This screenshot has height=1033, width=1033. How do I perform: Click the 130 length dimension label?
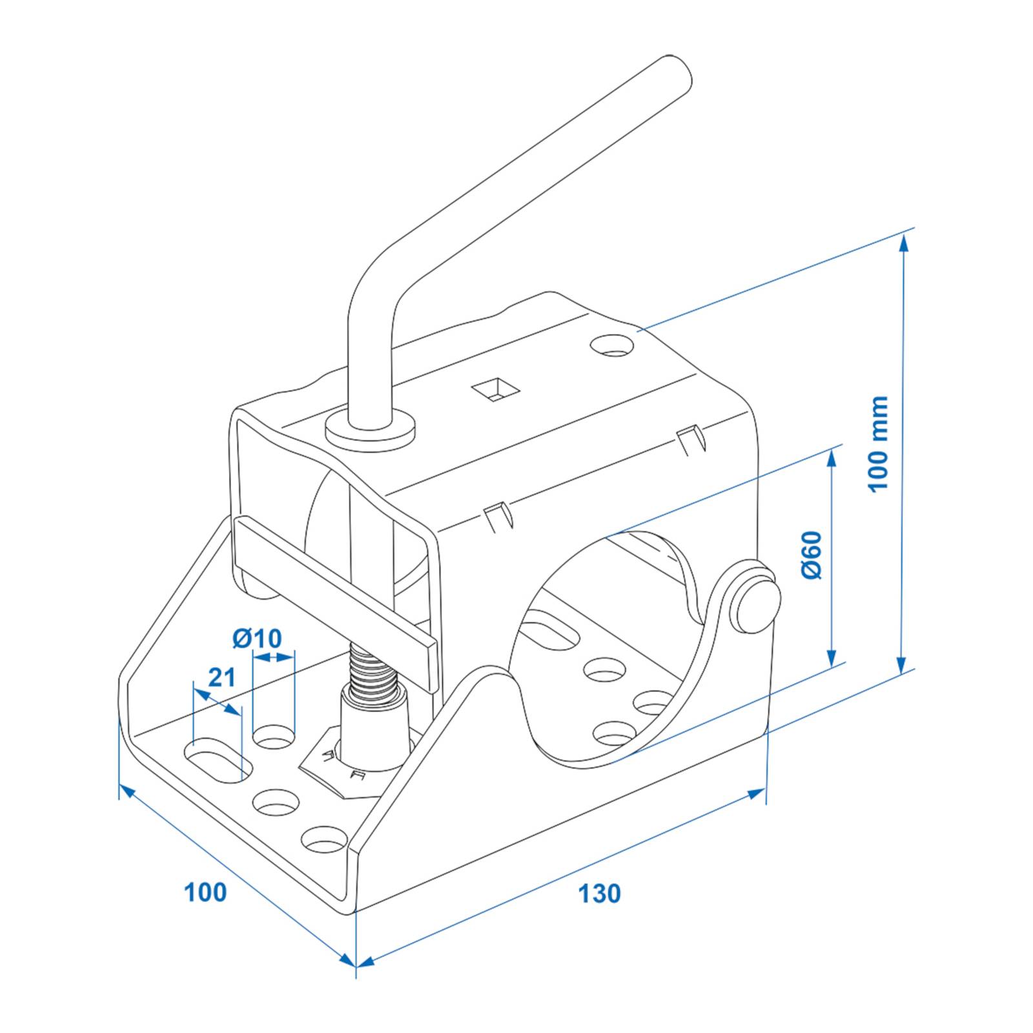pyautogui.click(x=598, y=894)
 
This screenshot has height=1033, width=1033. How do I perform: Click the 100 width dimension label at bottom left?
pyautogui.click(x=205, y=892)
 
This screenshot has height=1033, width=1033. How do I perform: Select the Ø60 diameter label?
pyautogui.click(x=812, y=555)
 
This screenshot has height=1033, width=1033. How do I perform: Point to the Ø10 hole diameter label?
pyautogui.click(x=257, y=639)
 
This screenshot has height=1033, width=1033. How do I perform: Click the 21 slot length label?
pyautogui.click(x=221, y=678)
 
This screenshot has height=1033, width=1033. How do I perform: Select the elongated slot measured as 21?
pyautogui.click(x=215, y=759)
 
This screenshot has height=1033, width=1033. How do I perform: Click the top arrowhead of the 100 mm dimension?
pyautogui.click(x=904, y=242)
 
